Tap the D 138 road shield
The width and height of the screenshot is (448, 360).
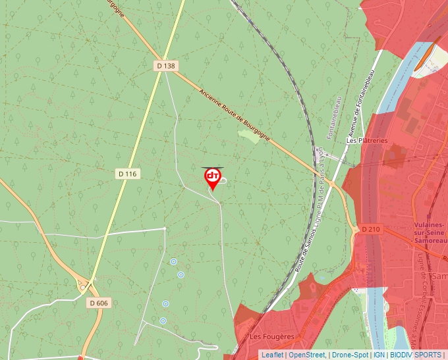point(167,66)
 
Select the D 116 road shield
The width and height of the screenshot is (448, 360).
point(128,174)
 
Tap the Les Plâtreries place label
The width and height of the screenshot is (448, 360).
point(367,140)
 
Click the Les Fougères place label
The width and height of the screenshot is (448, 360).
point(271,336)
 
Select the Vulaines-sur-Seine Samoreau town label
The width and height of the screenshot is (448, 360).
point(430,233)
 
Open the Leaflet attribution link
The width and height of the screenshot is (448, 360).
point(272,355)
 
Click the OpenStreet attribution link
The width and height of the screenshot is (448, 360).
point(307,355)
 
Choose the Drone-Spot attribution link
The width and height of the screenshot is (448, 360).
point(350,355)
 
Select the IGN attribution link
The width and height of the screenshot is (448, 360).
point(379,355)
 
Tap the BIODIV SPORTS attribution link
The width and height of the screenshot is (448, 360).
point(416,355)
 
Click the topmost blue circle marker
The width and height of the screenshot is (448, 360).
point(173,261)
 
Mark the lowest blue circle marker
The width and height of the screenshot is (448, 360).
point(163,321)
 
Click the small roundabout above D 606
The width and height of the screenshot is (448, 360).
point(83,286)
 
